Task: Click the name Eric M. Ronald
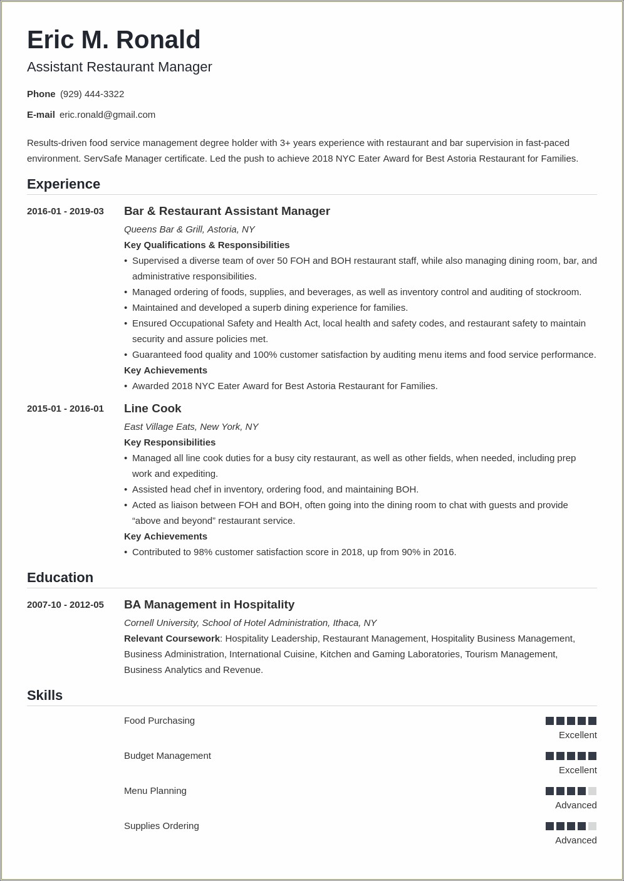click(x=113, y=40)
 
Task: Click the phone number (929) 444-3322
click(x=92, y=94)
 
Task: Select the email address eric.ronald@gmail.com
click(x=107, y=115)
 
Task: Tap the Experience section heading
click(x=63, y=184)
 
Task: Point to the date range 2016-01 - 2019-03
click(x=65, y=211)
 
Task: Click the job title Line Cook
click(x=152, y=409)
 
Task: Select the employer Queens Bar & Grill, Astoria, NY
click(x=189, y=229)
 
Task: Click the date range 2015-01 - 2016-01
click(x=65, y=409)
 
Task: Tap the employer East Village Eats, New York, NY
click(x=191, y=427)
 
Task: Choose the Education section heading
click(x=60, y=578)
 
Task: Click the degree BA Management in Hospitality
click(x=209, y=605)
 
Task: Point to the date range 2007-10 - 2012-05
click(x=65, y=605)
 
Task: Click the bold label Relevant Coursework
click(x=172, y=639)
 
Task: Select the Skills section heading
click(x=44, y=696)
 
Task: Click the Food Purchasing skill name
click(x=159, y=721)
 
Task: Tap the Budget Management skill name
click(x=167, y=756)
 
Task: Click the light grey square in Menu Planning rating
click(x=592, y=791)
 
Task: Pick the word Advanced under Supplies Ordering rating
click(x=575, y=840)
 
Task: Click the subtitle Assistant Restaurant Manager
click(x=119, y=67)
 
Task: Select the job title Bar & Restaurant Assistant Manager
click(x=227, y=211)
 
